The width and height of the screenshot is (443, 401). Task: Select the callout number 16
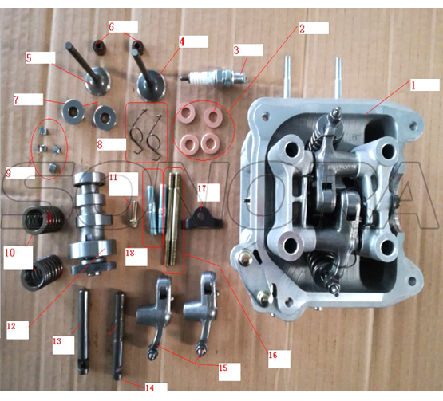[273, 355]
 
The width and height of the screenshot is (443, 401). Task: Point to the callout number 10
[9, 252]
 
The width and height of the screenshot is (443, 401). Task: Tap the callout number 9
[7, 171]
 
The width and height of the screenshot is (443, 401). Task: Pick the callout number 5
[29, 57]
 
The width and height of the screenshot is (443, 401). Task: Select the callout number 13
[57, 341]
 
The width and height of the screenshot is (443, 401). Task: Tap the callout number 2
[303, 28]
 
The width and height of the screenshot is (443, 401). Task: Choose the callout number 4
[182, 41]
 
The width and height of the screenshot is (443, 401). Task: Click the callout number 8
[100, 145]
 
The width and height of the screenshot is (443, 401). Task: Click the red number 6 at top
[112, 26]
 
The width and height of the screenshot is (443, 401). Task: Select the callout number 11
[113, 175]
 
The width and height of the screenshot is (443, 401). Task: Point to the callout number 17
[201, 188]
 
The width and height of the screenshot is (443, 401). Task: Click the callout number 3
[236, 50]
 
